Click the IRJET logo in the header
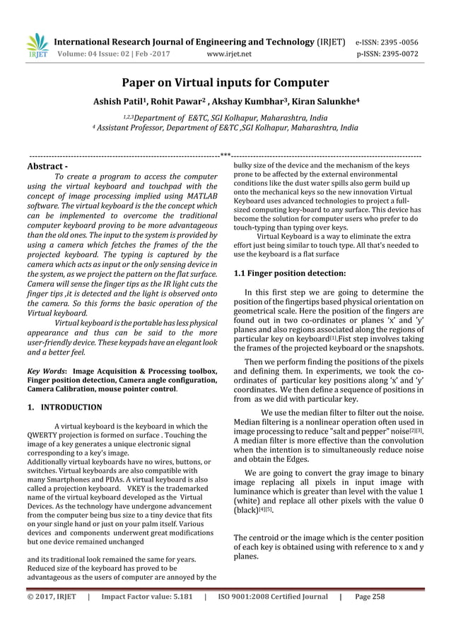[36, 44]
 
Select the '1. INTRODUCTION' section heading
[64, 407]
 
